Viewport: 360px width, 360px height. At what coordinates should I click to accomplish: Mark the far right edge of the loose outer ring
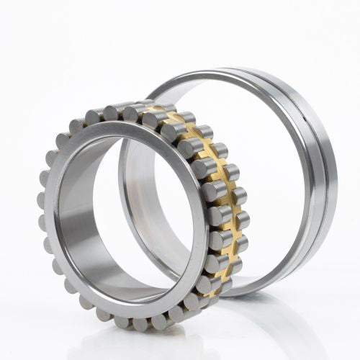tap(336, 180)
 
